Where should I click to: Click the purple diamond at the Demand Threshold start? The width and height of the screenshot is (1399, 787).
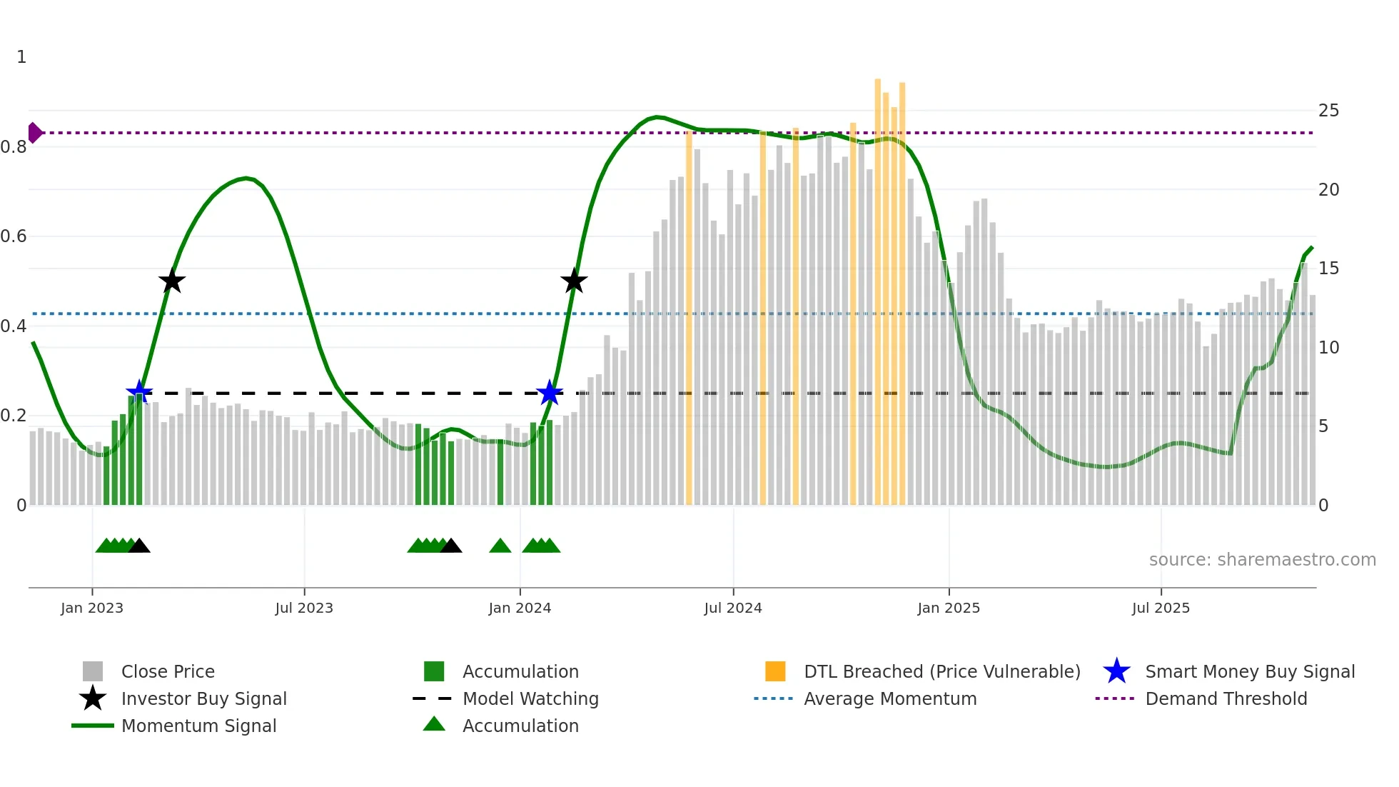tap(34, 133)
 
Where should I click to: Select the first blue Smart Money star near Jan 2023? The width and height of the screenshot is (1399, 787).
tap(139, 392)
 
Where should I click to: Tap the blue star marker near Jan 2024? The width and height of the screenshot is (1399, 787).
tap(549, 393)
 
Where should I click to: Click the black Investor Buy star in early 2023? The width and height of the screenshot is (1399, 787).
tap(171, 281)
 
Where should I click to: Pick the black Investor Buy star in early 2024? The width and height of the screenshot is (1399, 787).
tap(574, 281)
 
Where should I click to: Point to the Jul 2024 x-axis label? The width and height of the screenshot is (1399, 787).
tap(732, 608)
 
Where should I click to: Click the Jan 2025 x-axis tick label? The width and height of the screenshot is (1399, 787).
tap(948, 608)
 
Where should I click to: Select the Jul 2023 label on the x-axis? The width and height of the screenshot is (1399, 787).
tap(304, 608)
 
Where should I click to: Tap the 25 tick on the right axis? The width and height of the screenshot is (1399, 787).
tap(1328, 111)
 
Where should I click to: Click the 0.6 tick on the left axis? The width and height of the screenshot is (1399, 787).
tap(14, 236)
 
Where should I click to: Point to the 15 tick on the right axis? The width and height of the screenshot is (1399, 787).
tap(1328, 269)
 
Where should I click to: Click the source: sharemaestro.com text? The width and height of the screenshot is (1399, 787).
tap(1262, 560)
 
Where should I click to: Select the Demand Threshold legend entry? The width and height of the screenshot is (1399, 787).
tap(1226, 698)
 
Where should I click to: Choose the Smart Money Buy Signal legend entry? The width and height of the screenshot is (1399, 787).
tap(1249, 671)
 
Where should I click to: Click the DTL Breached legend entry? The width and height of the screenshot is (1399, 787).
tap(941, 671)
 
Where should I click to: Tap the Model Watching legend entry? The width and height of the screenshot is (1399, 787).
tap(530, 698)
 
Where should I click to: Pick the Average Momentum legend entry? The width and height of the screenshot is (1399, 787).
tap(889, 698)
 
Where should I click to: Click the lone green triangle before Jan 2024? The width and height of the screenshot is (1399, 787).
tap(500, 546)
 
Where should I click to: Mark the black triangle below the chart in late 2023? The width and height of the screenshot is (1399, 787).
tap(450, 546)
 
